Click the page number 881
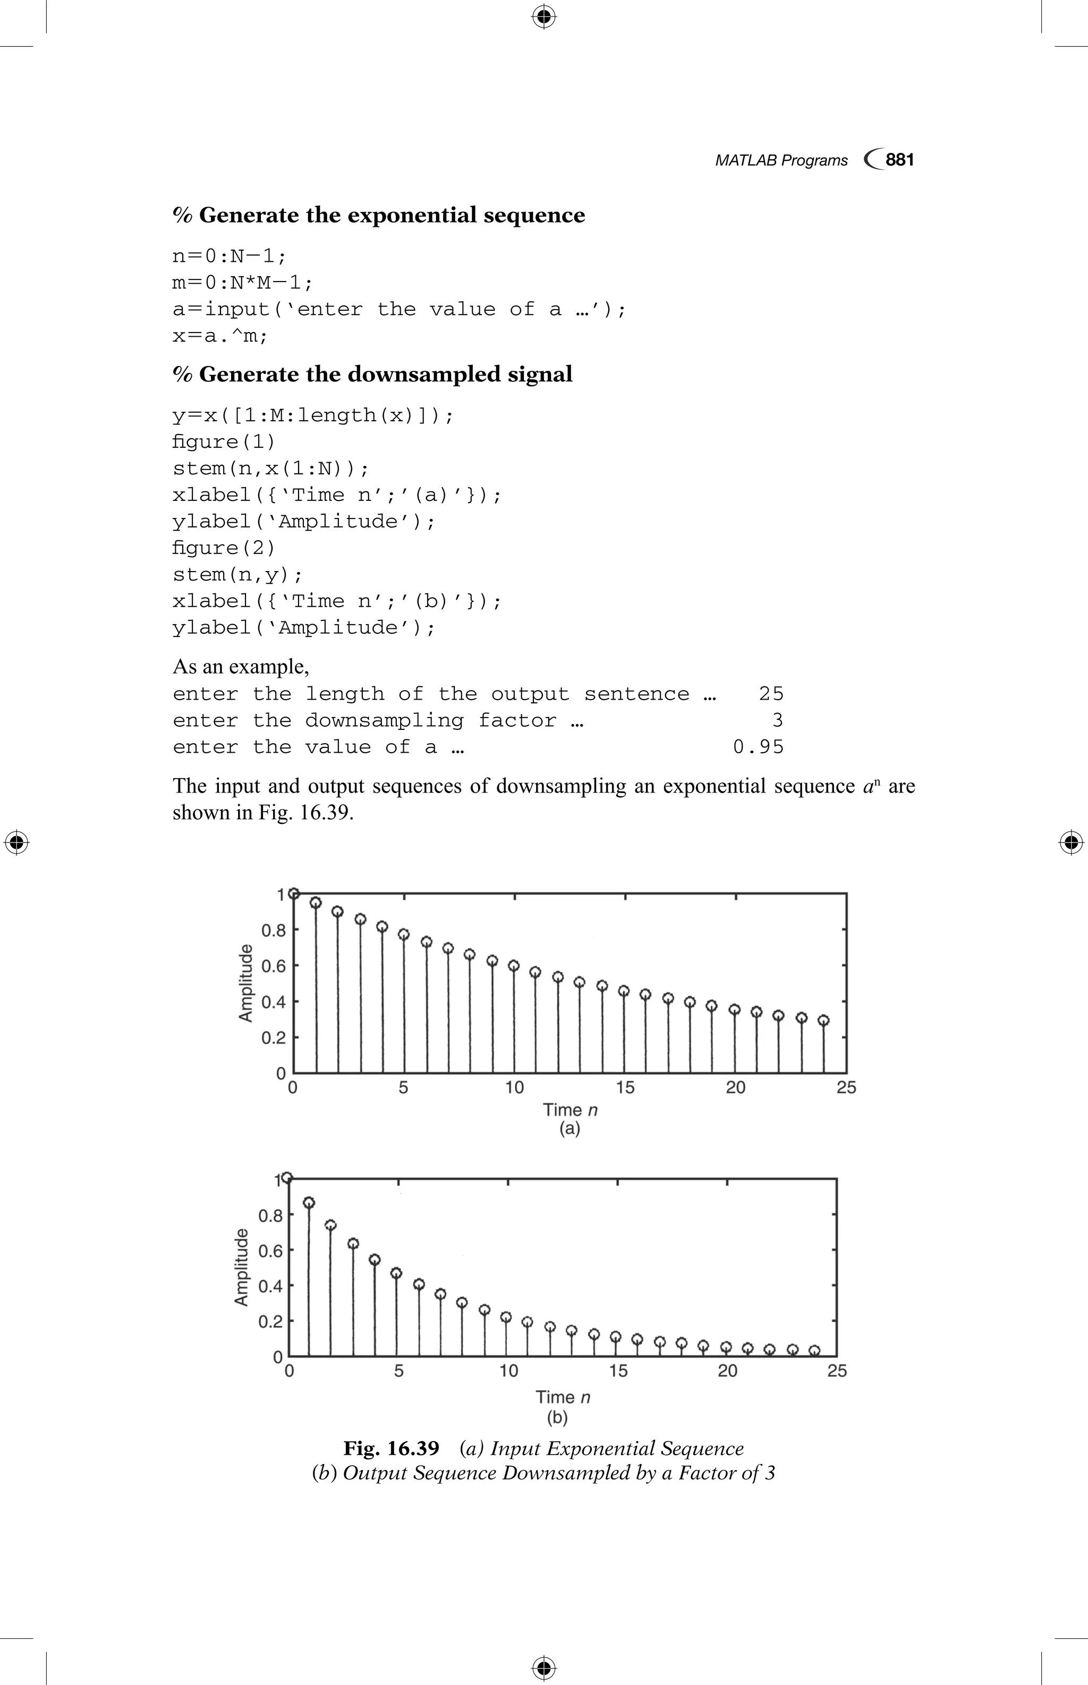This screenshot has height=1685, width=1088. [x=899, y=160]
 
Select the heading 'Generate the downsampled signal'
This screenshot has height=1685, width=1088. [x=372, y=374]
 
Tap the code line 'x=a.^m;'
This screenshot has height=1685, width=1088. [x=220, y=336]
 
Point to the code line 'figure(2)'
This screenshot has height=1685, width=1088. [x=224, y=548]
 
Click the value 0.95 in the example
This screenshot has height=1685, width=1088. [x=758, y=747]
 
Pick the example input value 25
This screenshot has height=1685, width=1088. [x=771, y=694]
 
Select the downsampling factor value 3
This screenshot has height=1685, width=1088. [x=777, y=721]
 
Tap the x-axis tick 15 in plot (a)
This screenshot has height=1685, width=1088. [x=625, y=1088]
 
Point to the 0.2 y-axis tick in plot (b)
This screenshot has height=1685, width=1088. [x=270, y=1321]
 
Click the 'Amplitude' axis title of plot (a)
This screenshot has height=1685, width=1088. [x=245, y=983]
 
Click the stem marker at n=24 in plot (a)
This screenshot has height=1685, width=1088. [x=823, y=1020]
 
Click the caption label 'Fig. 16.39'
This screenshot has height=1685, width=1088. [x=390, y=1448]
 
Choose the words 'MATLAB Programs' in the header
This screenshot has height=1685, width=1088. [x=781, y=160]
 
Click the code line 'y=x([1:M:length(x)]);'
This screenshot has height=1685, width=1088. [x=313, y=415]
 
